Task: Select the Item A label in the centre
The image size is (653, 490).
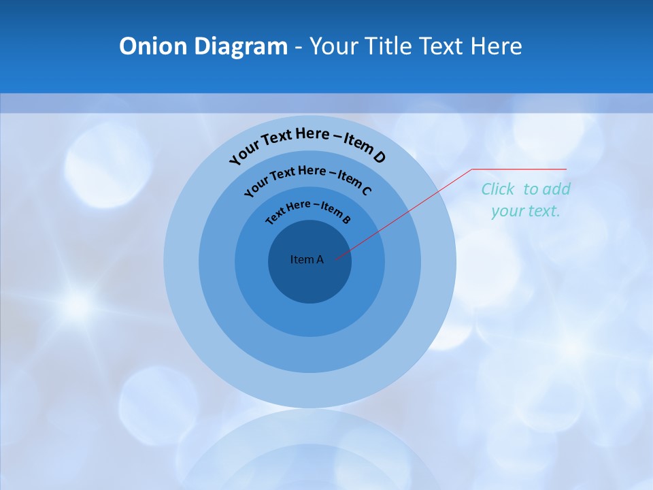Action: click(x=307, y=259)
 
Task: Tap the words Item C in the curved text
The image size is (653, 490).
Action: click(x=354, y=182)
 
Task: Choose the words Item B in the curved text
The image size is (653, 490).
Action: click(x=336, y=213)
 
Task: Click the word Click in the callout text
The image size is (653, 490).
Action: click(x=498, y=189)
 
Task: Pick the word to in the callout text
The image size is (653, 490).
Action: click(x=531, y=189)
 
